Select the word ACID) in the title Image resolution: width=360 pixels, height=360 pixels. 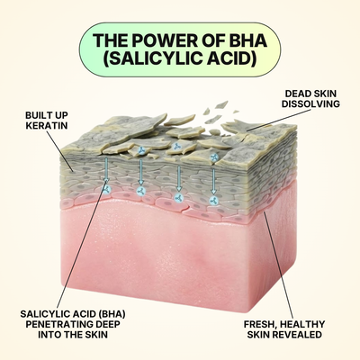click(230, 58)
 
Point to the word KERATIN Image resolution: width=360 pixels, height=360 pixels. click(47, 125)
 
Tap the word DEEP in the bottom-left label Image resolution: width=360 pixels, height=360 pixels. click(108, 324)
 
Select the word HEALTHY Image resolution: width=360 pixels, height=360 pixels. click(301, 324)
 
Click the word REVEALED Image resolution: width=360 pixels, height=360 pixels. click(296, 335)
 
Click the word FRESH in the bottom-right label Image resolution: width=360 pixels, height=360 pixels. click(257, 325)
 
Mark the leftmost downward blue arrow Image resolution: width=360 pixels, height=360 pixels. click(106, 169)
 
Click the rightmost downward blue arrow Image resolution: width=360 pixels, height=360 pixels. click(213, 181)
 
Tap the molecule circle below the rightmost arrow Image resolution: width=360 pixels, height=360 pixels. click(213, 201)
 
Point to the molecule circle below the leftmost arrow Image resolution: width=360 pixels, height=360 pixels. click(106, 189)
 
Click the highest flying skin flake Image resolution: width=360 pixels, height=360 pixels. click(221, 105)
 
